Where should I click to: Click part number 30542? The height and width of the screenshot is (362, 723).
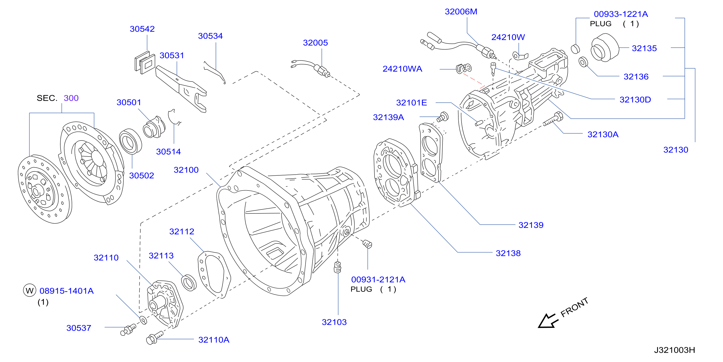(142, 29)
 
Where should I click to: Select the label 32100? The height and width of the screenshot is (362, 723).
(186, 170)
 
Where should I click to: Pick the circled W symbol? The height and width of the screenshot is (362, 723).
(29, 291)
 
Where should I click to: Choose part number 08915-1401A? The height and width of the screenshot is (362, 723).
(67, 291)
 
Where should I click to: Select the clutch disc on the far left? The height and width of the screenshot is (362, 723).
(45, 189)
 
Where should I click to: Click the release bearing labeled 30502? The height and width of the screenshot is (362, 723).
(131, 141)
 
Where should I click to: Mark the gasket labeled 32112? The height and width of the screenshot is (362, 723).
(214, 274)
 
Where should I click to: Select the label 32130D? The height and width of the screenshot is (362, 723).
(635, 100)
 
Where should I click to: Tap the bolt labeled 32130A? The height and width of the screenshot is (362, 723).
(553, 119)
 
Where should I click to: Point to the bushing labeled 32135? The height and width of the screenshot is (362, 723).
(605, 48)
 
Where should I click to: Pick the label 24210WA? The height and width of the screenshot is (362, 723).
(402, 69)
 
